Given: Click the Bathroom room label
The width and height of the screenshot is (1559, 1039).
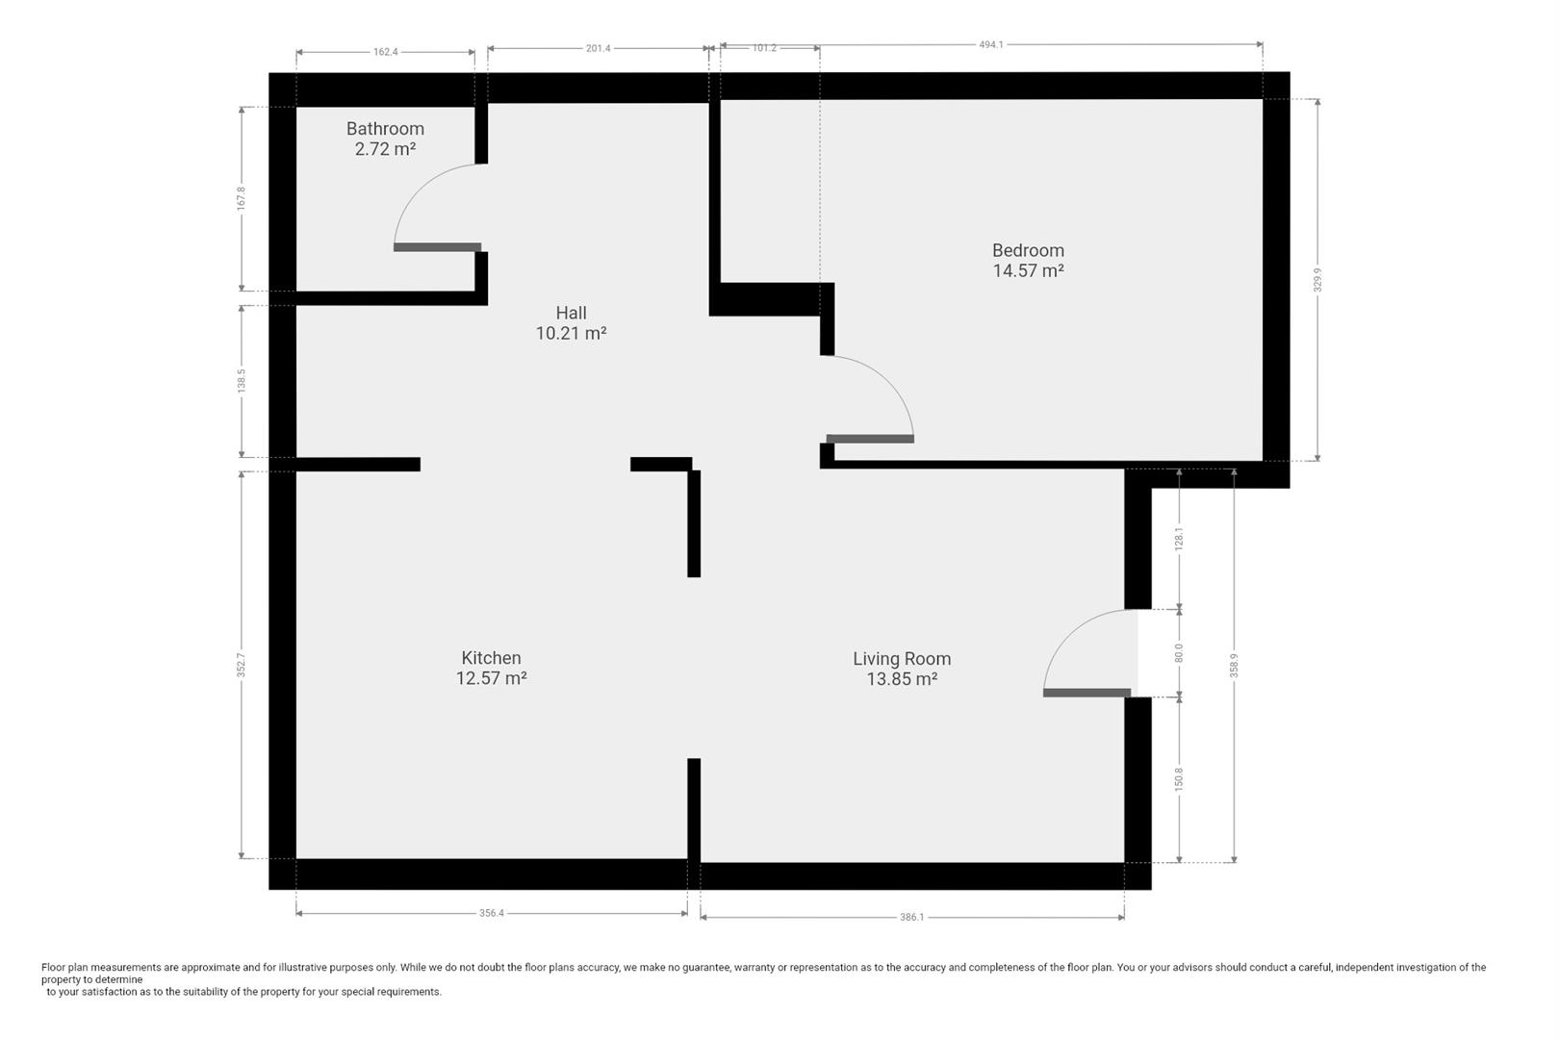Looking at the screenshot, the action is coord(385,129).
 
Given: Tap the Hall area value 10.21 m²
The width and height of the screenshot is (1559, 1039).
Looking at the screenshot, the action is coord(571,333).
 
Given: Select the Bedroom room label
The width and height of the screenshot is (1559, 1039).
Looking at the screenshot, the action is coord(1028,250).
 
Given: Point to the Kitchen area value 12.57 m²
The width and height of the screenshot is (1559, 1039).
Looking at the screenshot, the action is coord(491,678).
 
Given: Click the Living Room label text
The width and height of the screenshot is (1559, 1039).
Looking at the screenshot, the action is coord(902,658).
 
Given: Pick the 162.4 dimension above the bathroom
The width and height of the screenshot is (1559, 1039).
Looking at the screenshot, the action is coord(386,52).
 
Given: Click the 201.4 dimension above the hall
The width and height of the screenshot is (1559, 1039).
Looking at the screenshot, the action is coord(598,48).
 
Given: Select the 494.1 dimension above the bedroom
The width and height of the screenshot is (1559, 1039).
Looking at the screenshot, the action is coord(991,44).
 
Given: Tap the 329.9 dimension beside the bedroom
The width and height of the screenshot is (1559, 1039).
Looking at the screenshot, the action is coord(1316,280).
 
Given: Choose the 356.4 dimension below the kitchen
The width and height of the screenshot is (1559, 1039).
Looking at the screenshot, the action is coord(492,913).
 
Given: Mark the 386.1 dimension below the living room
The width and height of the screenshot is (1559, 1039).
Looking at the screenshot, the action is coord(911,917).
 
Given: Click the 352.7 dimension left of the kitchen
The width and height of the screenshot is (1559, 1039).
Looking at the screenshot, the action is coord(242,665).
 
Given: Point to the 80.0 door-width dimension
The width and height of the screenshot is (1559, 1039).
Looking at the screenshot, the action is coord(1178,653).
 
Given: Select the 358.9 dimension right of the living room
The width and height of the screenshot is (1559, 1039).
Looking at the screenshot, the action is coord(1234,666).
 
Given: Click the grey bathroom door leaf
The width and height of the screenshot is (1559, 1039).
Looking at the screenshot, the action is coord(437,247).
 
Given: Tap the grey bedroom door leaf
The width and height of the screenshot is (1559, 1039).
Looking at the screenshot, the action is coord(870,439).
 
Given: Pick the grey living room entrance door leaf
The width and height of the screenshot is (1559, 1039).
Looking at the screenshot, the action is coord(1086,693).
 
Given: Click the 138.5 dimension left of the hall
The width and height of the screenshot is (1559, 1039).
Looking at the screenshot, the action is coord(242,381).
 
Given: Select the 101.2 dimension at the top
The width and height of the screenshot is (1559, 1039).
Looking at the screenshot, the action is coord(764,48).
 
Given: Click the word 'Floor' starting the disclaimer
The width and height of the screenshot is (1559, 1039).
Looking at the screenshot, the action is coord(53,967).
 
